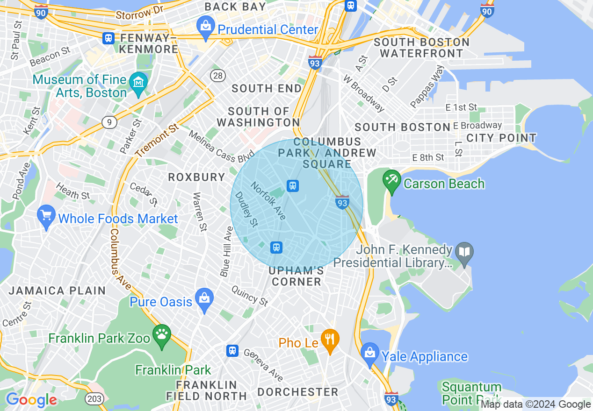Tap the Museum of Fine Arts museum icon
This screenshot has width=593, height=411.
point(138,83)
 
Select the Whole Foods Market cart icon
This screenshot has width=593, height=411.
point(46,215)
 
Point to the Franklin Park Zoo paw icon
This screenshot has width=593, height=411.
point(162,335)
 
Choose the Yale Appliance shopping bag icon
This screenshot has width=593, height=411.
point(369,353)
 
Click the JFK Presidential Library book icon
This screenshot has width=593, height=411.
point(464,253)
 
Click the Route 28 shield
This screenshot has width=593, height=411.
point(218,76)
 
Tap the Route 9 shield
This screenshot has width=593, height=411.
point(109,122)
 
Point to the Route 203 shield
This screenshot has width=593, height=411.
point(92,399)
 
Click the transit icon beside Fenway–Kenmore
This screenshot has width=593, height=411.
point(109,38)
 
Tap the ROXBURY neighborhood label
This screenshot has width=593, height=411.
point(196,177)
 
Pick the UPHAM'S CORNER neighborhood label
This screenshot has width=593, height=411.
point(296,276)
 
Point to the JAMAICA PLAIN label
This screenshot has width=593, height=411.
point(57,291)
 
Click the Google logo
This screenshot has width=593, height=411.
point(31,400)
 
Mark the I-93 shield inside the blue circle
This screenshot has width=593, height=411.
point(342,202)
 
